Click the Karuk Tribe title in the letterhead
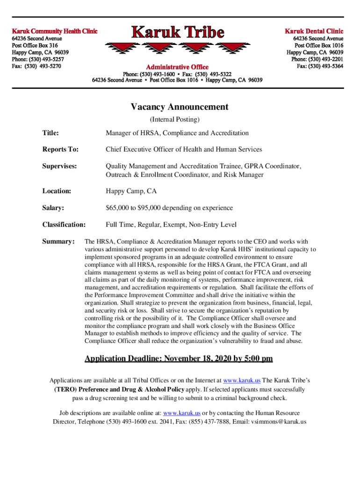pyautogui.click(x=178, y=33)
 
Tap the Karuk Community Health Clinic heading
pyautogui.click(x=54, y=31)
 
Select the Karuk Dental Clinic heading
pyautogui.click(x=314, y=31)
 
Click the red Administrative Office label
pyautogui.click(x=178, y=67)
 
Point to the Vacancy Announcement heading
pyautogui.click(x=180, y=107)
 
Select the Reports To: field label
pyautogui.click(x=60, y=149)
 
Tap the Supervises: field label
pyautogui.click(x=59, y=166)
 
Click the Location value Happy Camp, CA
pyautogui.click(x=131, y=191)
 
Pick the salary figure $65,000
pyautogui.click(x=118, y=208)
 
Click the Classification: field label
pyautogui.click(x=64, y=225)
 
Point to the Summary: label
pyautogui.click(x=58, y=241)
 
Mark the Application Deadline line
pyautogui.click(x=179, y=359)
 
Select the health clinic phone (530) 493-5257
pyautogui.click(x=45, y=59)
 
